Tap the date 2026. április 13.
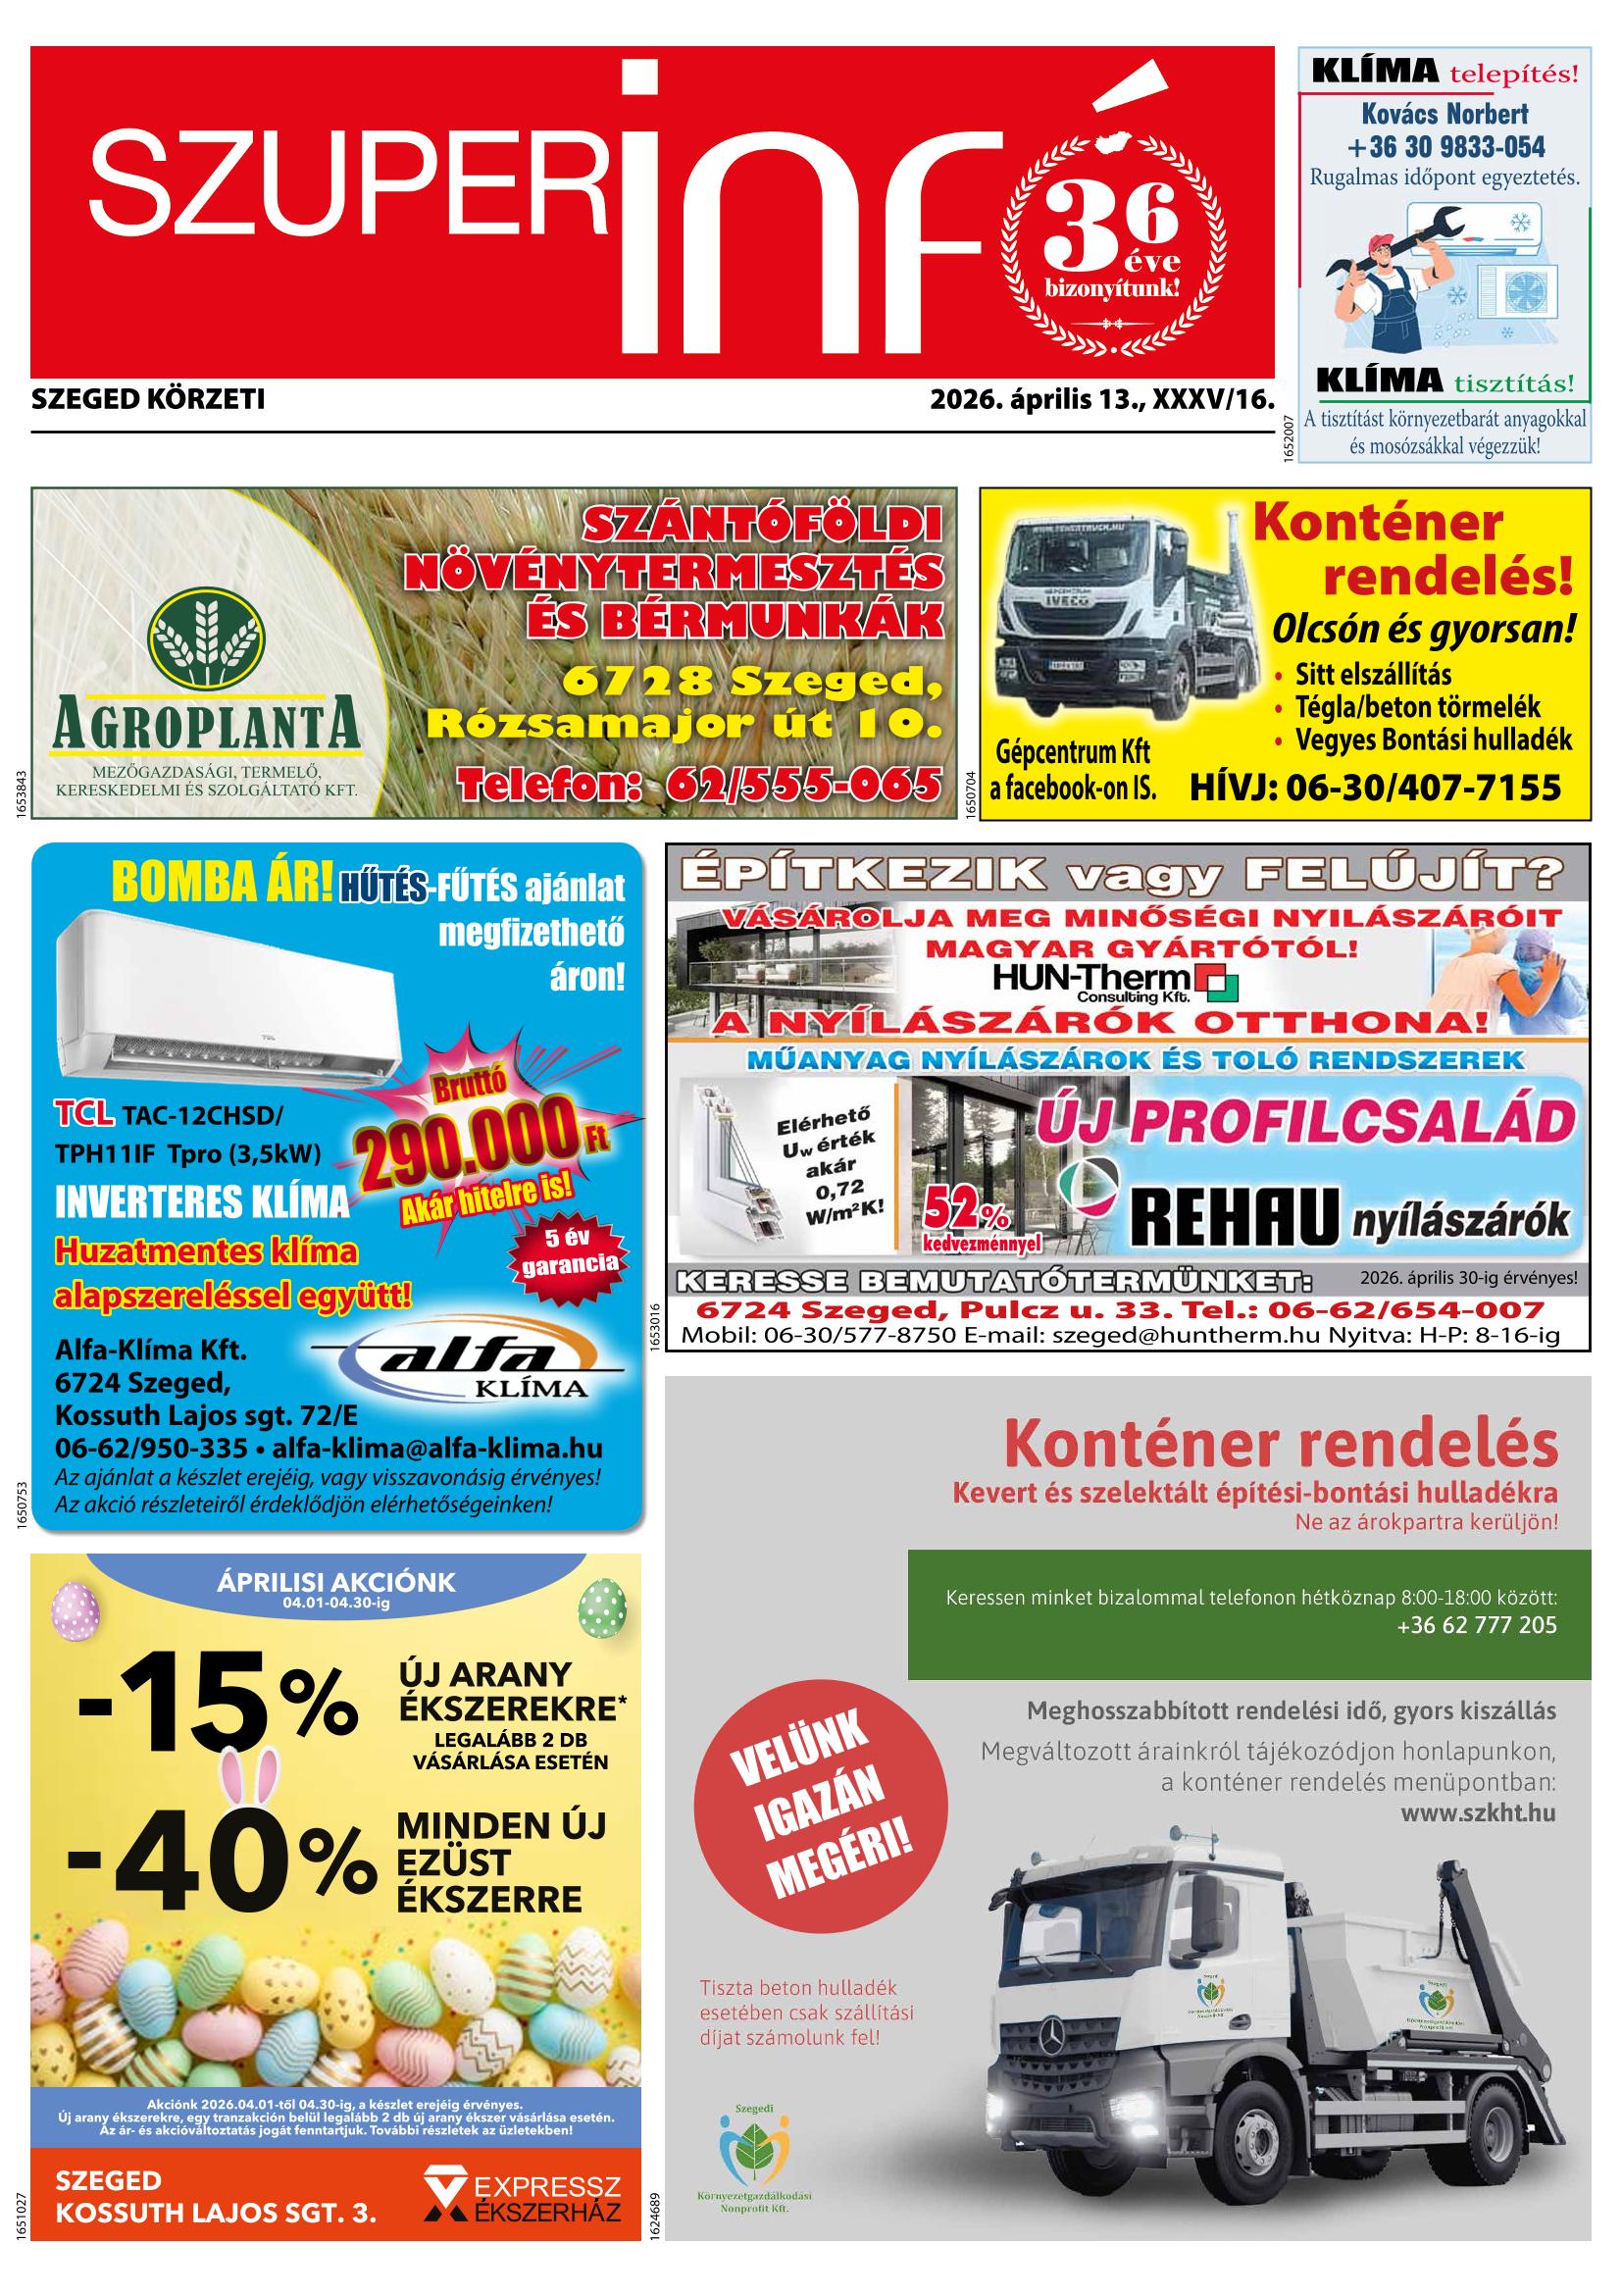[x=1037, y=401]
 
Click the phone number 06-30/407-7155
[x=1374, y=788]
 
